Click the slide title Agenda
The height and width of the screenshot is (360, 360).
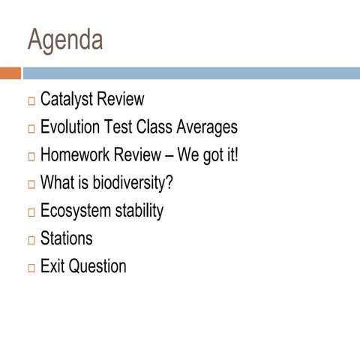point(65,40)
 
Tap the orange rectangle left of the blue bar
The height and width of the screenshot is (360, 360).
point(10,73)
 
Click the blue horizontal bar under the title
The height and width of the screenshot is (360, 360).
point(191,73)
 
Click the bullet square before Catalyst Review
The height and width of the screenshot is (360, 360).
point(31,101)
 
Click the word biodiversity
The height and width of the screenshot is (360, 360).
point(133,183)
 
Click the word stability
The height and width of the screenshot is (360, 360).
point(139,211)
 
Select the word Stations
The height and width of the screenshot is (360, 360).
point(66,238)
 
